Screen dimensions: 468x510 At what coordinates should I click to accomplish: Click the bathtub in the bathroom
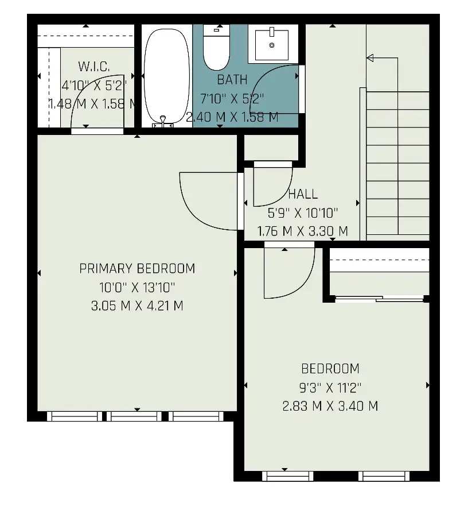[x=167, y=77]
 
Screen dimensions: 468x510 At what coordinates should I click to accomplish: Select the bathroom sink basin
[x=272, y=45]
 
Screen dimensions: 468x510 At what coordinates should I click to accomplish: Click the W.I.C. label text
[x=94, y=67]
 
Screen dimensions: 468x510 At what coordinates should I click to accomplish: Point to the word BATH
[x=232, y=80]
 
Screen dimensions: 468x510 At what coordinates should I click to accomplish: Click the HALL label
[x=303, y=194]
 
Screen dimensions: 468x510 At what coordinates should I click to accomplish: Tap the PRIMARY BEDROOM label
[x=137, y=269]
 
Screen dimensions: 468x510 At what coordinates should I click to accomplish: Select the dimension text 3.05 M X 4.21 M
[x=137, y=306]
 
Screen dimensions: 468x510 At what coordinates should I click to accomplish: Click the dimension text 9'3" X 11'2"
[x=330, y=387]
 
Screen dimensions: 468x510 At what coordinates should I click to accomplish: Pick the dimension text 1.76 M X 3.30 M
[x=303, y=231]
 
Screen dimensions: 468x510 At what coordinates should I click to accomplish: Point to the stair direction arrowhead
[x=370, y=58]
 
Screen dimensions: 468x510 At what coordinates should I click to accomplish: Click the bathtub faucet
[x=163, y=121]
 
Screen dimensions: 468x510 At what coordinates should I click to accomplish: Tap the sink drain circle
[x=272, y=45]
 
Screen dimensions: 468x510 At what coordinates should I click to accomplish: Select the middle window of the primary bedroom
[x=134, y=416]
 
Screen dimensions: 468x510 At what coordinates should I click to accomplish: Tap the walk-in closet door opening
[x=97, y=131]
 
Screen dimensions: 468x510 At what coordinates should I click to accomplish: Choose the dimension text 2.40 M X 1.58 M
[x=232, y=117]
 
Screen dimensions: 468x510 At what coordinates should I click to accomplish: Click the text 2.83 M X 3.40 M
[x=330, y=406]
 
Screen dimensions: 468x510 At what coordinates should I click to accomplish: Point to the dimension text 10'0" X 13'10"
[x=137, y=287]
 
